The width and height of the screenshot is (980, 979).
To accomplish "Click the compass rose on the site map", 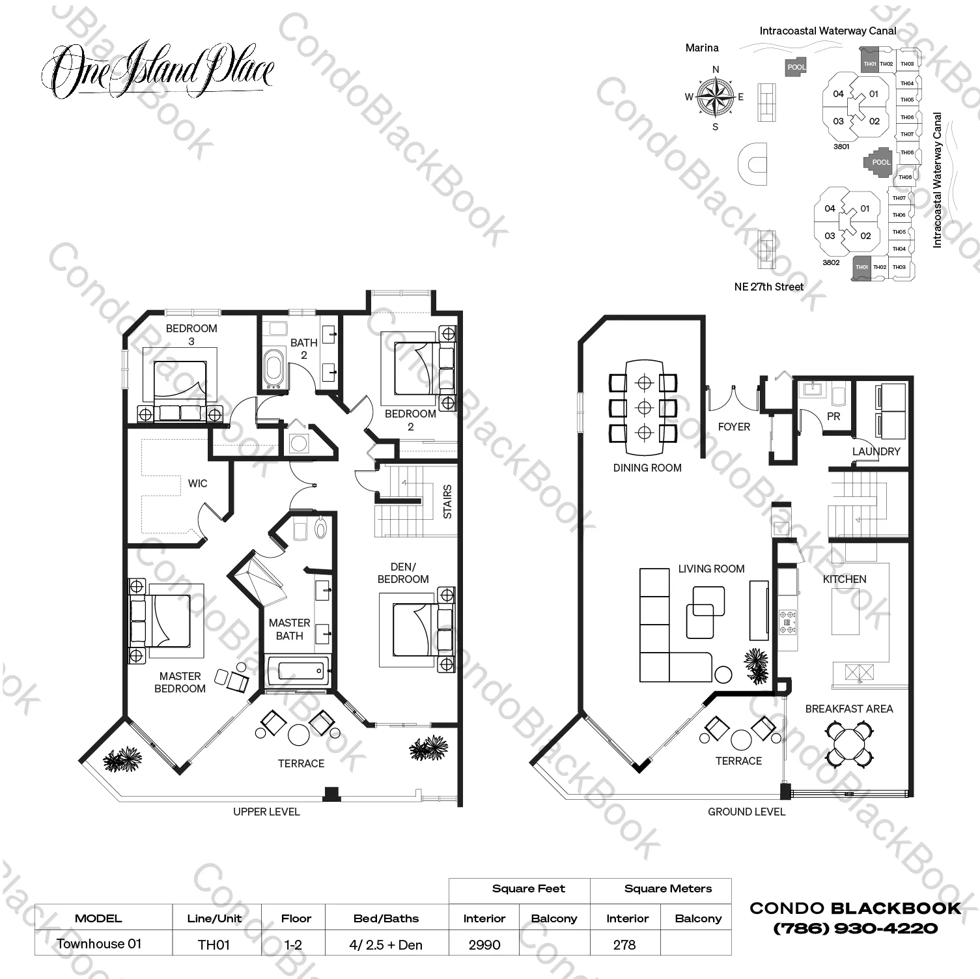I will [715, 97].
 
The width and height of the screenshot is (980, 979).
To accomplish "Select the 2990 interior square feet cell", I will [484, 944].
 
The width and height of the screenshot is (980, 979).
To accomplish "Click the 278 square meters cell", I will [624, 944].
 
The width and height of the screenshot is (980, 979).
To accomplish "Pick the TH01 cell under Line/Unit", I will [214, 944].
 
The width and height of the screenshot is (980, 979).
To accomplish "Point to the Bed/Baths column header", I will [386, 918].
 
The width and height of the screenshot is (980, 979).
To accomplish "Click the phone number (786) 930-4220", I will [855, 928].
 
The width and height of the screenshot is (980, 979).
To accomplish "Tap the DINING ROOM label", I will [647, 468].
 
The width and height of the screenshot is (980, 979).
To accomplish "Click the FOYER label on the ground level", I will [734, 427].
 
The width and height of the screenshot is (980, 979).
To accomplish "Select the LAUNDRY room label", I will [876, 451].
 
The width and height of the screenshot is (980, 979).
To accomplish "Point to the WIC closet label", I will [197, 483].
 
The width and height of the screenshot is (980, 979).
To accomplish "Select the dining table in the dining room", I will [644, 408].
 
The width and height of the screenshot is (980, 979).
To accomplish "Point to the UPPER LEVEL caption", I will [266, 812].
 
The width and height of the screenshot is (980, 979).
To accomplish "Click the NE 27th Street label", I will [768, 287].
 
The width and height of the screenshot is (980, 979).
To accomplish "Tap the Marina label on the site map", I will [702, 48].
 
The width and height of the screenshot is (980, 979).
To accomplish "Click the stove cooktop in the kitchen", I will [788, 621].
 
